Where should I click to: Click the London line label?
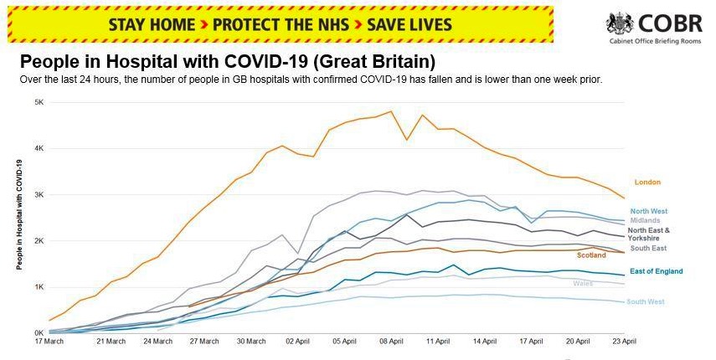click(x=647, y=182)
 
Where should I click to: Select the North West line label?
click(x=649, y=211)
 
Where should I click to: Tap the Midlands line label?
click(x=646, y=220)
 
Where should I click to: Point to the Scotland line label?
click(x=592, y=255)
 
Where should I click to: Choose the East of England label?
click(x=657, y=271)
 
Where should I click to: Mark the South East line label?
click(x=649, y=248)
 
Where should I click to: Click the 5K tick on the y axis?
click(x=39, y=102)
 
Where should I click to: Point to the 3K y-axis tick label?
click(x=39, y=195)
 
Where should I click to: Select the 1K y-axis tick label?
click(x=39, y=287)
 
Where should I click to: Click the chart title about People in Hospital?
click(x=227, y=62)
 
